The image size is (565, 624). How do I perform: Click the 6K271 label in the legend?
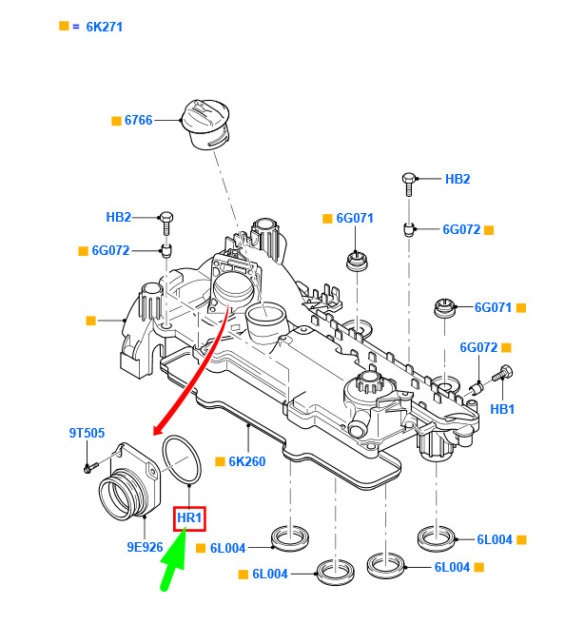click(x=105, y=27)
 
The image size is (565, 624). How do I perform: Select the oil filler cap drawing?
click(x=205, y=125)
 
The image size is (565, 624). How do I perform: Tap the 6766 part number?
click(x=139, y=120)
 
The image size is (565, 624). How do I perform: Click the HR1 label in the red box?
click(x=189, y=517)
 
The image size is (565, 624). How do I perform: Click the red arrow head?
click(x=159, y=429)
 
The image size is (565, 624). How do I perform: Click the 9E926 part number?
click(x=145, y=547)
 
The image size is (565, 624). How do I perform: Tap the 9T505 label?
click(x=87, y=433)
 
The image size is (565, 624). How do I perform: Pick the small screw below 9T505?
click(x=90, y=467)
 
